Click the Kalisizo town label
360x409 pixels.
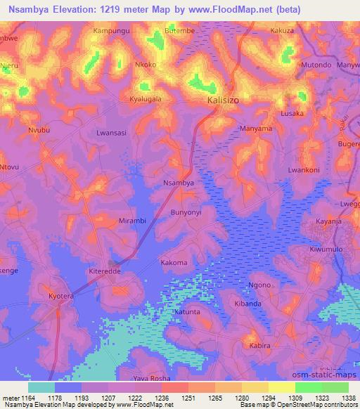pyautogui.click(x=223, y=100)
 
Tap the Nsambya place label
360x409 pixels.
pyautogui.click(x=179, y=183)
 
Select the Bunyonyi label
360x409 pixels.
pyautogui.click(x=186, y=212)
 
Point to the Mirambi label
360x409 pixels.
pyautogui.click(x=132, y=221)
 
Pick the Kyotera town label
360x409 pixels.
pyautogui.click(x=60, y=297)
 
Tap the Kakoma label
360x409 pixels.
pyautogui.click(x=174, y=263)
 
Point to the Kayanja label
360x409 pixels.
pyautogui.click(x=328, y=221)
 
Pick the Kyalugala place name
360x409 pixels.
pyautogui.click(x=146, y=99)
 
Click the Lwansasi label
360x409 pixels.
pyautogui.click(x=111, y=132)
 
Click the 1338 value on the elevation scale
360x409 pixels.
pyautogui.click(x=349, y=398)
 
